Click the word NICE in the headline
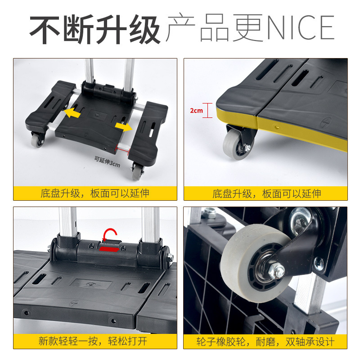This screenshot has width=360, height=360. pyautogui.click(x=301, y=28)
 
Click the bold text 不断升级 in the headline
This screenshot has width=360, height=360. pyautogui.click(x=95, y=28)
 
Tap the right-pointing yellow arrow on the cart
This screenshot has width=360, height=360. pyautogui.click(x=123, y=126)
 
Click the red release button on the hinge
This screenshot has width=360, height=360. pyautogui.click(x=110, y=248)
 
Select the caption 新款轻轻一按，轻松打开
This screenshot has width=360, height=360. pyautogui.click(x=95, y=341)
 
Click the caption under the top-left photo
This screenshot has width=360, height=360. pyautogui.click(x=95, y=193)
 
